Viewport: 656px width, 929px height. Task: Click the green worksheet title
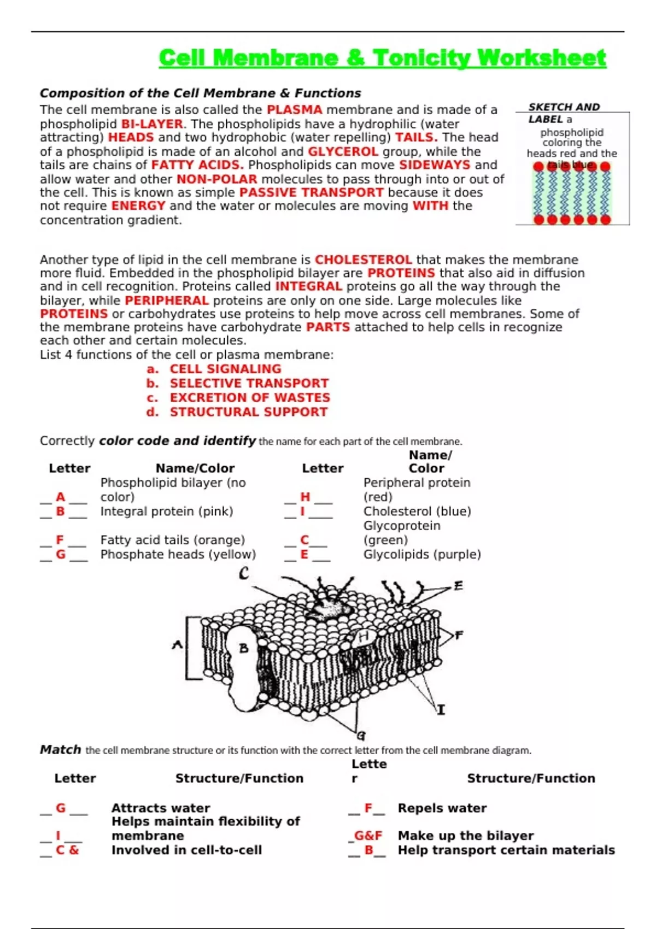[382, 58]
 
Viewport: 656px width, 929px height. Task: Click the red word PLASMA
[294, 110]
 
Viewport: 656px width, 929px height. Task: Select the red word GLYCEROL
[343, 151]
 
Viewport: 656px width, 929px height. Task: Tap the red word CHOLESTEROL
[363, 260]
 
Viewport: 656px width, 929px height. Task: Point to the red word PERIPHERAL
[167, 300]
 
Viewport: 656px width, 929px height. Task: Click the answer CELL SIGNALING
[225, 369]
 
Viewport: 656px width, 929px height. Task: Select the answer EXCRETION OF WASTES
[250, 397]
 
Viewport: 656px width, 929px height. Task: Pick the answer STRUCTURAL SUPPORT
[249, 411]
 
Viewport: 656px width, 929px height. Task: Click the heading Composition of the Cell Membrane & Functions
[200, 93]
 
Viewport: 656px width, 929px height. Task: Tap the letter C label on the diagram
[244, 573]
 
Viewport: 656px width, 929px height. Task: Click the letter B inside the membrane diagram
[244, 648]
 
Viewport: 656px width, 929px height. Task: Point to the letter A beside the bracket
[177, 645]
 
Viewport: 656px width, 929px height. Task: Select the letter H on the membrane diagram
[364, 636]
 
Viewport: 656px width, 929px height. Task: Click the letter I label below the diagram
[441, 709]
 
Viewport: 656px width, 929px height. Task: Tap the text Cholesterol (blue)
[417, 511]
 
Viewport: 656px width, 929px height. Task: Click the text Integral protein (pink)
[167, 511]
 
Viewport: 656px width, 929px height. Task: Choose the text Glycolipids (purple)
[422, 554]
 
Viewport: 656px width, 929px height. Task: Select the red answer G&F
[368, 836]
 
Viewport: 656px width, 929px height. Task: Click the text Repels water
[442, 808]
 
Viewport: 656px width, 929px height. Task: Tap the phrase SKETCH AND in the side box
[564, 107]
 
